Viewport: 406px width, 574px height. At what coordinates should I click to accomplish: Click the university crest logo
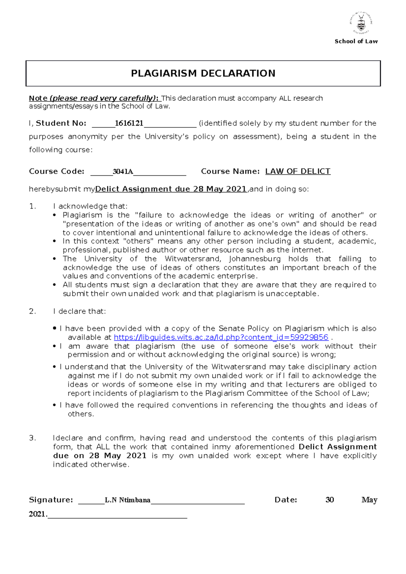pos(361,23)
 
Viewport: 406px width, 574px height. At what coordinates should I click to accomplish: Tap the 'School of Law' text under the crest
pos(356,41)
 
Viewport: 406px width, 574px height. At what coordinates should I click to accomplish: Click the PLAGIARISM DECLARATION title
pos(203,73)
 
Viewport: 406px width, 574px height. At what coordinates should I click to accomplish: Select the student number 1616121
pos(129,123)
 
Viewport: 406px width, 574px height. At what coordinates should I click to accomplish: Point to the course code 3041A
pos(122,171)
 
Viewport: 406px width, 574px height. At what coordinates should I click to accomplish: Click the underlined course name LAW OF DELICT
pos(298,171)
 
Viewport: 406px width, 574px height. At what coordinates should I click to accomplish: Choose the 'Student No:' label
pos(61,123)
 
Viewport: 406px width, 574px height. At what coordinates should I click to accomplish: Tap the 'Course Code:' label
pos(57,171)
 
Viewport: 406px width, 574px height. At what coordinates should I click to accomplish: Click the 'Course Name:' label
pos(230,171)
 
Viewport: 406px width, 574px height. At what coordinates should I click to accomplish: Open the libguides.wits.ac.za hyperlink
pos(221,337)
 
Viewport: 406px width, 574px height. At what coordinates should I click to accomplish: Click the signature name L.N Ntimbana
pos(128,500)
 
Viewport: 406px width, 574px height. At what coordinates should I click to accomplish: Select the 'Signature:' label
pos(51,500)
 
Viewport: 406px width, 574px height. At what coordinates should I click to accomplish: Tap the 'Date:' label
pos(286,500)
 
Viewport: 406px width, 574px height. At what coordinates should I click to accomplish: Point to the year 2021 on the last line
pos(37,514)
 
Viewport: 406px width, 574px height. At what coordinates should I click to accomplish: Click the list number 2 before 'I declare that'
pos(32,311)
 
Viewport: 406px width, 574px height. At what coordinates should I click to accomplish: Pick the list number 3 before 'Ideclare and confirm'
pos(32,438)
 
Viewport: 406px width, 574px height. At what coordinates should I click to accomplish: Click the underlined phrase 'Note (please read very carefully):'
pos(94,98)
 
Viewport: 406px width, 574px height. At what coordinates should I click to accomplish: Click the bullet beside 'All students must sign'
pos(54,285)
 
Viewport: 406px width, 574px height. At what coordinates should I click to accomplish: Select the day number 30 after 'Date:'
pos(330,500)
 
